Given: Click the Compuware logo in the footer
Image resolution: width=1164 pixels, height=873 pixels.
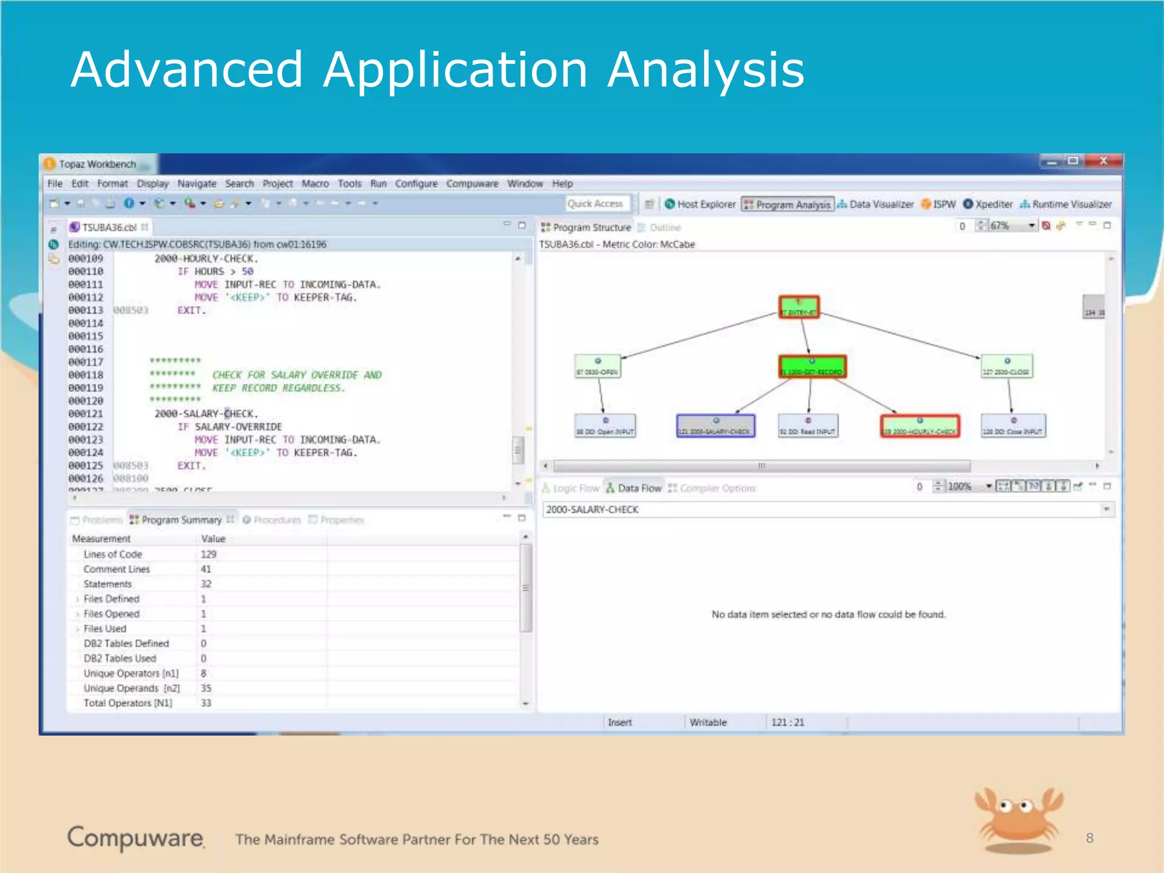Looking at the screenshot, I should pyautogui.click(x=136, y=838).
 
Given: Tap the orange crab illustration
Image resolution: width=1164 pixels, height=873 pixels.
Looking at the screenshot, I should pyautogui.click(x=1018, y=819).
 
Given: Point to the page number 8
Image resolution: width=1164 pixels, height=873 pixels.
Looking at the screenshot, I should pyautogui.click(x=1089, y=838).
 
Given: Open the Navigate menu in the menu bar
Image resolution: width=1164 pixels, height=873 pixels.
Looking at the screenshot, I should pyautogui.click(x=197, y=184).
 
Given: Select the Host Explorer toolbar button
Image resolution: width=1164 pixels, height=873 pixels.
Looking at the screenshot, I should pyautogui.click(x=700, y=204).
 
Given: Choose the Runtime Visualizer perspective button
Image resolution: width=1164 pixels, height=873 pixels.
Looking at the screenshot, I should pyautogui.click(x=1066, y=204).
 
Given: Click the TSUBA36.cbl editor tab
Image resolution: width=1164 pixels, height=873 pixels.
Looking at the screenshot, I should pyautogui.click(x=109, y=227).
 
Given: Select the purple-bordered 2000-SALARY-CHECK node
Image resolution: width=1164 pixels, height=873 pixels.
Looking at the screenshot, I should pyautogui.click(x=715, y=426).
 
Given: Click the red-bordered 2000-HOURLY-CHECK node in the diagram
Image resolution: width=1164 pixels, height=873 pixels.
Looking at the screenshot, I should pyautogui.click(x=920, y=426).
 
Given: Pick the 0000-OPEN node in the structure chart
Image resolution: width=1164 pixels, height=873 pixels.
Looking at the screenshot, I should pyautogui.click(x=597, y=366).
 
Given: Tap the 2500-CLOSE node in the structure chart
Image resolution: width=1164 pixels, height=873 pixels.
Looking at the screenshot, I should pyautogui.click(x=1007, y=366).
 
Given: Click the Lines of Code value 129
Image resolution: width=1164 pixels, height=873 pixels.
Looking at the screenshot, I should pyautogui.click(x=209, y=554).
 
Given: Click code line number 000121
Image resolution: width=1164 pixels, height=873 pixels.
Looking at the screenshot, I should pyautogui.click(x=86, y=414).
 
